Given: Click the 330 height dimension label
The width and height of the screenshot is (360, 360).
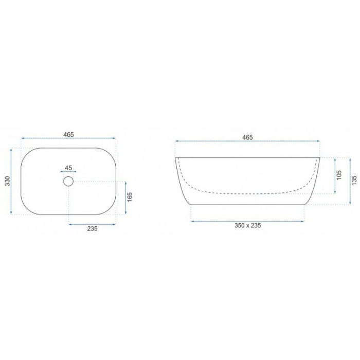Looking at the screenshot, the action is click(8, 181).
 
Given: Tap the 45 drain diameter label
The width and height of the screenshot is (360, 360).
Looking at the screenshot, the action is click(68, 168).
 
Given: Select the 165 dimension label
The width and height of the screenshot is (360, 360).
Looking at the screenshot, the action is click(130, 197).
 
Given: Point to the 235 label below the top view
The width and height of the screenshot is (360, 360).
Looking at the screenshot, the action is click(92, 228).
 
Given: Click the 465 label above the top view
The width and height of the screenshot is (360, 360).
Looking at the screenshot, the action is click(68, 135).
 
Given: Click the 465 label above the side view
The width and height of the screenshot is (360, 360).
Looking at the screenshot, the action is click(247, 137).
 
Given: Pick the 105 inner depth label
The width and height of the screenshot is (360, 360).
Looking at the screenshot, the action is click(339, 175).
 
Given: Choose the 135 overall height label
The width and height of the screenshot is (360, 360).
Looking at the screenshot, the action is click(354, 181).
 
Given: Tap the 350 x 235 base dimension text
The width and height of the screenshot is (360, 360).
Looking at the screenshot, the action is click(247, 225).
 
